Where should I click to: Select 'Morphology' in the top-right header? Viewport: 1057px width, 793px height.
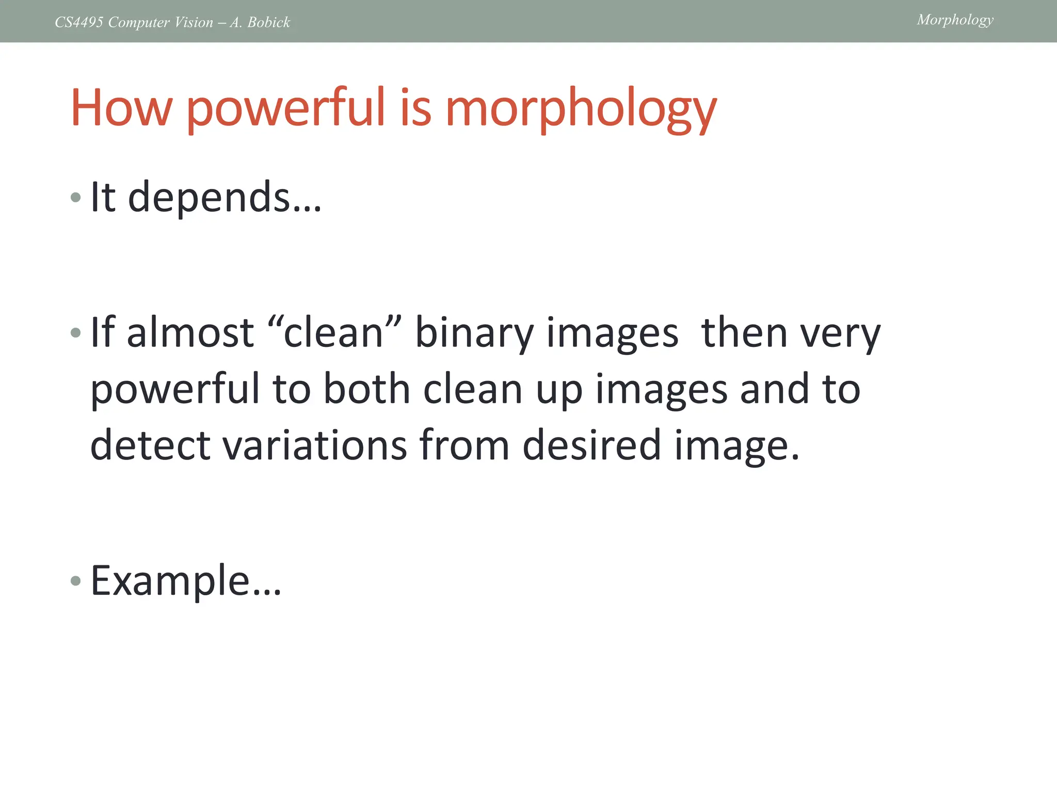pos(955,20)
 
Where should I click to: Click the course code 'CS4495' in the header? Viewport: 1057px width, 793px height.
pos(79,22)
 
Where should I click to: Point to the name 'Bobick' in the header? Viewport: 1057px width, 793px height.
pos(269,22)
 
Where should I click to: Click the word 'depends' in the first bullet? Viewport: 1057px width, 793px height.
pos(209,197)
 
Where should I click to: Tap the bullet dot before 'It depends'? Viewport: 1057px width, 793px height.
pos(76,197)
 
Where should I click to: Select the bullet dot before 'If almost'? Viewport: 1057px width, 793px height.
pos(76,332)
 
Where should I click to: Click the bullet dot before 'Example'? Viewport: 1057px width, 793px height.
pos(76,581)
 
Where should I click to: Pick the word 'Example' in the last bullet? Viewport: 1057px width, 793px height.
pos(170,581)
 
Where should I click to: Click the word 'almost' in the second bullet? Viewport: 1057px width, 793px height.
pos(190,332)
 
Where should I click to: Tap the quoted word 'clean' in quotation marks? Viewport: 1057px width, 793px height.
pos(333,332)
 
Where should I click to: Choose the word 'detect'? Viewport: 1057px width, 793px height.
pos(150,445)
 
